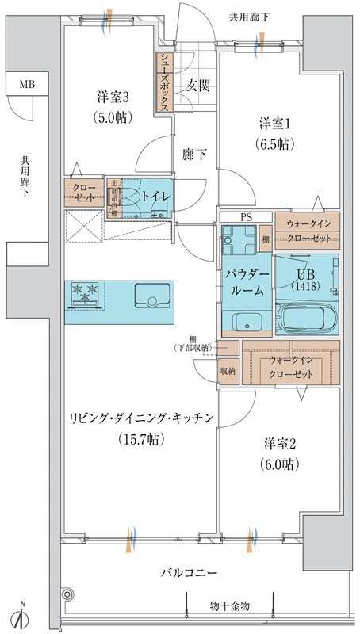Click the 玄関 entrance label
click(197, 86)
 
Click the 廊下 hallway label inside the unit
click(195, 155)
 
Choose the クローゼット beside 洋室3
click(84, 193)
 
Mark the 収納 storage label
click(227, 369)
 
